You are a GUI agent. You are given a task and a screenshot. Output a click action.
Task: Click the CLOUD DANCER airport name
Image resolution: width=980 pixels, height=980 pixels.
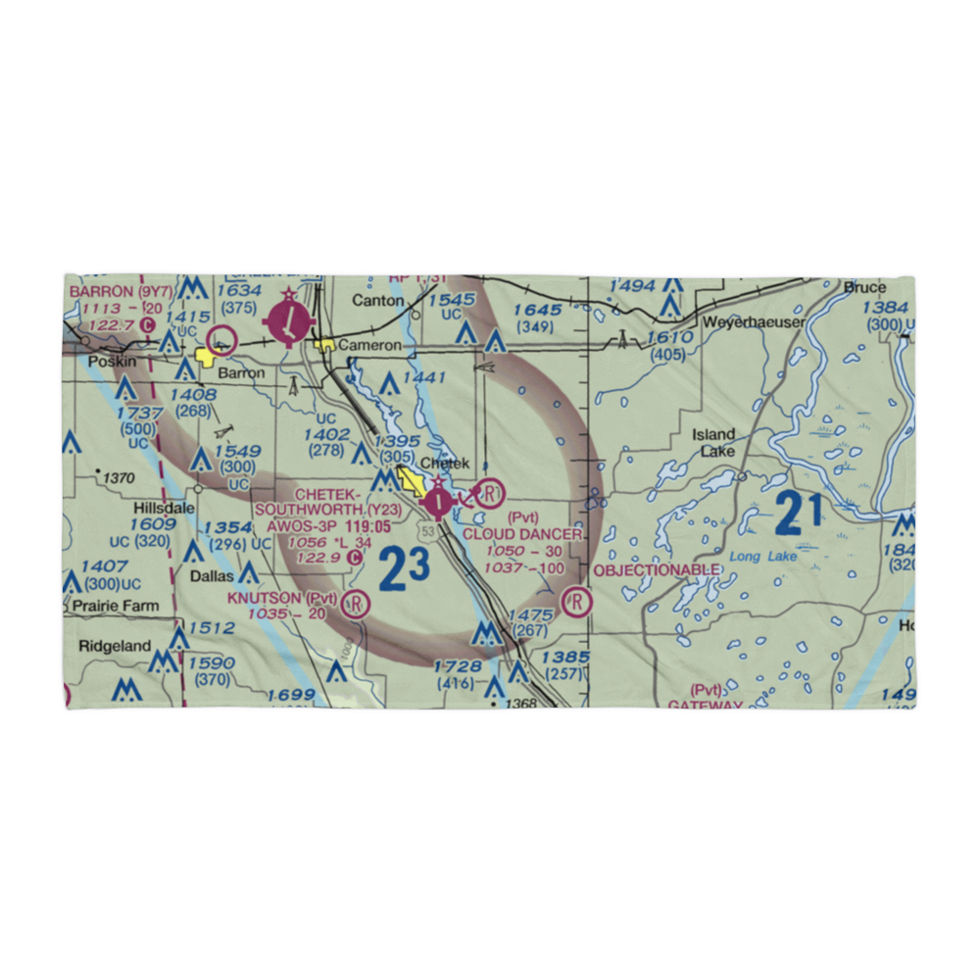click(x=522, y=534)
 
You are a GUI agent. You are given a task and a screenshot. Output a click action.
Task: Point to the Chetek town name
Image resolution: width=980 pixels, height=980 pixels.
click(x=445, y=464)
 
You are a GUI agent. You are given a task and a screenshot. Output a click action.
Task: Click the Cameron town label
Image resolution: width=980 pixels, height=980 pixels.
click(x=369, y=345)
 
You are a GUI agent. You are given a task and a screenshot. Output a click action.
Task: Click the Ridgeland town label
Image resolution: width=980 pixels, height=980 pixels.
click(x=115, y=646)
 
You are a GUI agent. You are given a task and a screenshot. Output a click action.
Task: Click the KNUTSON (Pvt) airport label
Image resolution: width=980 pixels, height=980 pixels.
click(x=282, y=597)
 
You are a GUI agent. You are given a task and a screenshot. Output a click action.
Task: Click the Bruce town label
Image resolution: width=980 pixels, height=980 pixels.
click(x=864, y=288)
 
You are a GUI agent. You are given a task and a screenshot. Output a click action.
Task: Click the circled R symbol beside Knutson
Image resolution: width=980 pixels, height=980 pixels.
click(x=356, y=604)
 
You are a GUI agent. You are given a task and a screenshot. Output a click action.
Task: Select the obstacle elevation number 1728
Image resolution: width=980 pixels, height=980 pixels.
click(x=459, y=666)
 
